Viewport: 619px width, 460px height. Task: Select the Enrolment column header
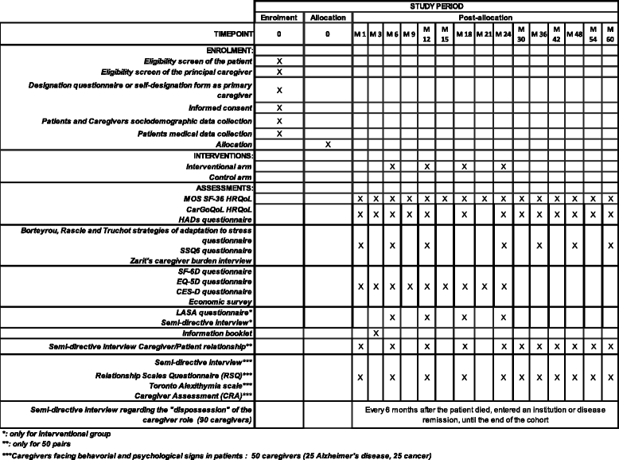pyautogui.click(x=278, y=16)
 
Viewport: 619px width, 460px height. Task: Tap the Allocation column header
pyautogui.click(x=327, y=16)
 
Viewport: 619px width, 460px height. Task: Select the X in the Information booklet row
pyautogui.click(x=376, y=332)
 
